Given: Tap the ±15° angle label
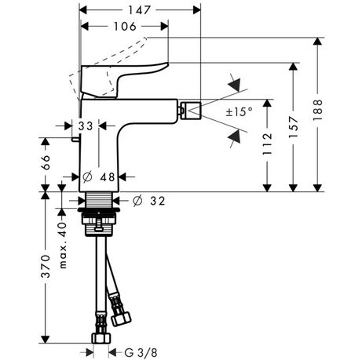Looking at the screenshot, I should pos(240,112).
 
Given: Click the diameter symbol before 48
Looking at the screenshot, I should pos(90,176).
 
